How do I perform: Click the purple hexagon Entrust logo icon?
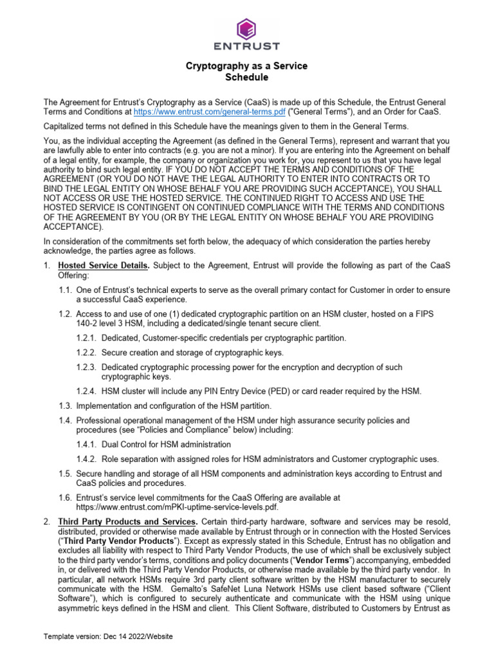[x=246, y=28]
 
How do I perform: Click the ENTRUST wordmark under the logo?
[x=246, y=46]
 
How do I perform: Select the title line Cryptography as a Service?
[x=246, y=66]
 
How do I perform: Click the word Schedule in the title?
[x=246, y=77]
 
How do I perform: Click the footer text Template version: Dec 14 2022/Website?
[x=108, y=636]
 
